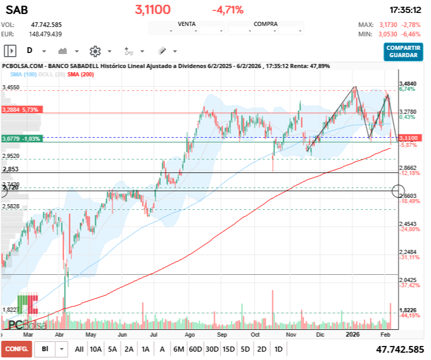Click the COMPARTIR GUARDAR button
[x=403, y=51]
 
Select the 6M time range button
[x=179, y=349]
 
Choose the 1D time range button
[x=279, y=349]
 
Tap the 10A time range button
[x=96, y=349]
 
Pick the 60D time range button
[x=195, y=349]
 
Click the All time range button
[x=79, y=349]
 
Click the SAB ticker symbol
[x=17, y=10]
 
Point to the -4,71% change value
[x=227, y=10]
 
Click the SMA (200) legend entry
[x=80, y=75]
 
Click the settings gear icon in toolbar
[x=95, y=51]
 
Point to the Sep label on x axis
[x=222, y=335]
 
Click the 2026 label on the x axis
[x=353, y=335]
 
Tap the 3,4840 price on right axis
[x=408, y=84]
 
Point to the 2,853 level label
[x=10, y=169]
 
